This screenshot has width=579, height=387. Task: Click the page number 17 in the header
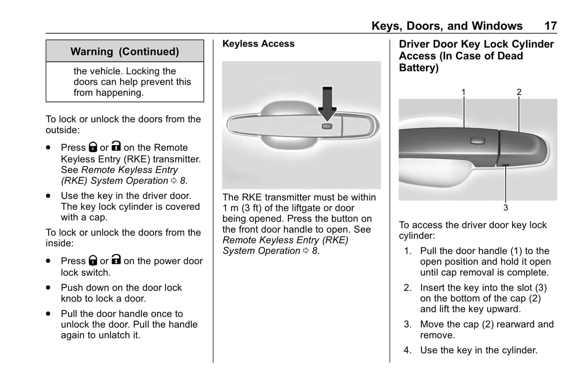(550, 26)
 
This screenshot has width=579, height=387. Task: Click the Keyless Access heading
(258, 44)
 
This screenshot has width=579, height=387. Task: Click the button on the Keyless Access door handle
(327, 126)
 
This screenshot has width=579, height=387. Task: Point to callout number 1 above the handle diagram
(463, 92)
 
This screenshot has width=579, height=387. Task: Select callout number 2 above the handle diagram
(519, 92)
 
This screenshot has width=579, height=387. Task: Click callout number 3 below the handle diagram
(506, 208)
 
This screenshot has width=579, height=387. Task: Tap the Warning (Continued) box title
(125, 52)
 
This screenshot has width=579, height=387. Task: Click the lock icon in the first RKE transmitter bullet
(93, 147)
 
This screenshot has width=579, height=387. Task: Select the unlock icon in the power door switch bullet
(116, 260)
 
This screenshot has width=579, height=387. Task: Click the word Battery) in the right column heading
(419, 68)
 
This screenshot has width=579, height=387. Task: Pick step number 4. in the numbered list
(408, 351)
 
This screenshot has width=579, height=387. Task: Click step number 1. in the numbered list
(408, 251)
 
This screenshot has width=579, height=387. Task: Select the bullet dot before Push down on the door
(48, 288)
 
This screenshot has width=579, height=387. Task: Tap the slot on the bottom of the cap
(506, 166)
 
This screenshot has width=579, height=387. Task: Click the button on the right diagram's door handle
(477, 140)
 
